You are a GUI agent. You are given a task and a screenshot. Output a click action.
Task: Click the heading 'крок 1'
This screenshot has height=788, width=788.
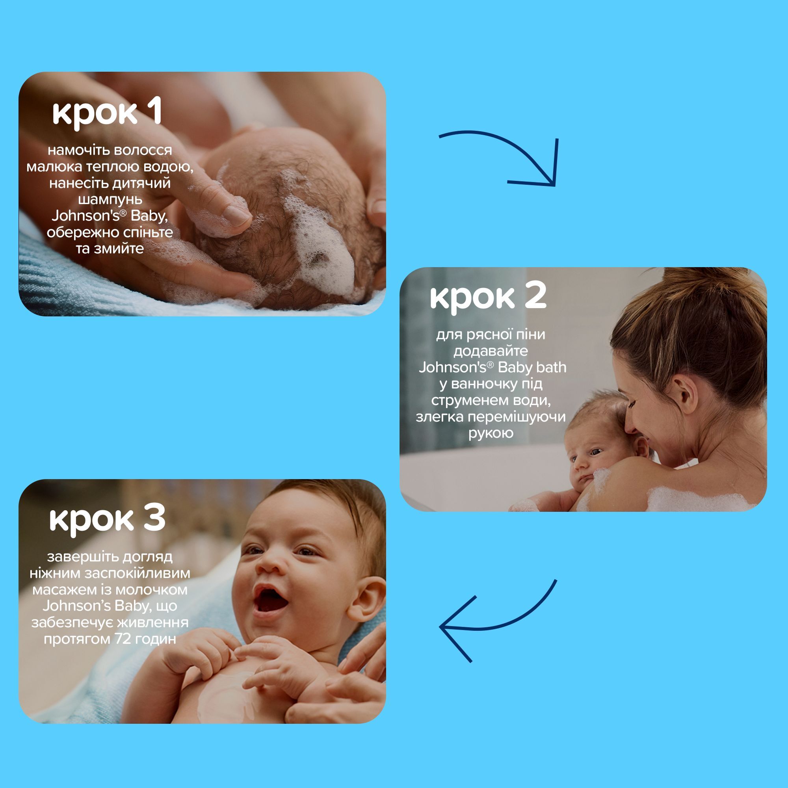click(107, 112)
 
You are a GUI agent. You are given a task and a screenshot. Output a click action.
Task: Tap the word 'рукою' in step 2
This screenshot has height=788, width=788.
click(491, 433)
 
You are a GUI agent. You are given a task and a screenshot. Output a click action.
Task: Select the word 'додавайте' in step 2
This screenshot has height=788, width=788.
click(491, 351)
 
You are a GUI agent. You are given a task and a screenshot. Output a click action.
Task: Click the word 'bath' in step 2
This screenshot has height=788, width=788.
click(551, 367)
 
